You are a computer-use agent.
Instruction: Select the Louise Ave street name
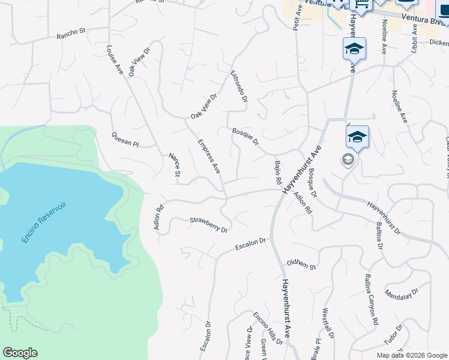pos(115,60)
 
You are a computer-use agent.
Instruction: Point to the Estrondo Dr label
pos(239,86)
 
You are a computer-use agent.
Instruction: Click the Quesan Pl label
pos(125,139)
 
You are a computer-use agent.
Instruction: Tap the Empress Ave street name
pos(209,157)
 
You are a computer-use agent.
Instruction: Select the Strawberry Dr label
pos(209,225)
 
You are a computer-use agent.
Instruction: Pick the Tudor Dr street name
pos(393,337)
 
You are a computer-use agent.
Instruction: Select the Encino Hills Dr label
pos(268,329)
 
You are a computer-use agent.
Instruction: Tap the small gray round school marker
pos(348,160)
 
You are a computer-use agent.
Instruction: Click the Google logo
pos(20,353)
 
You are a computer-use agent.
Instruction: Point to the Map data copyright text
pos(411,355)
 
